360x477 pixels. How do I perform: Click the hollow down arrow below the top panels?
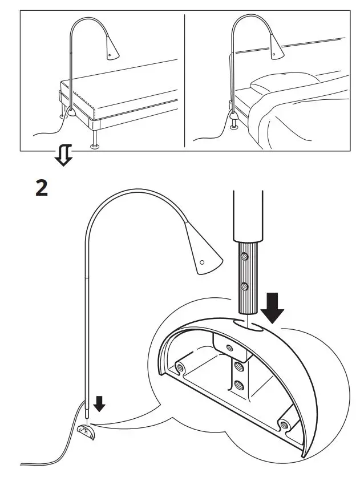(x=65, y=154)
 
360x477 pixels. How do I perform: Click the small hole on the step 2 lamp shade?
(x=201, y=262)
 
